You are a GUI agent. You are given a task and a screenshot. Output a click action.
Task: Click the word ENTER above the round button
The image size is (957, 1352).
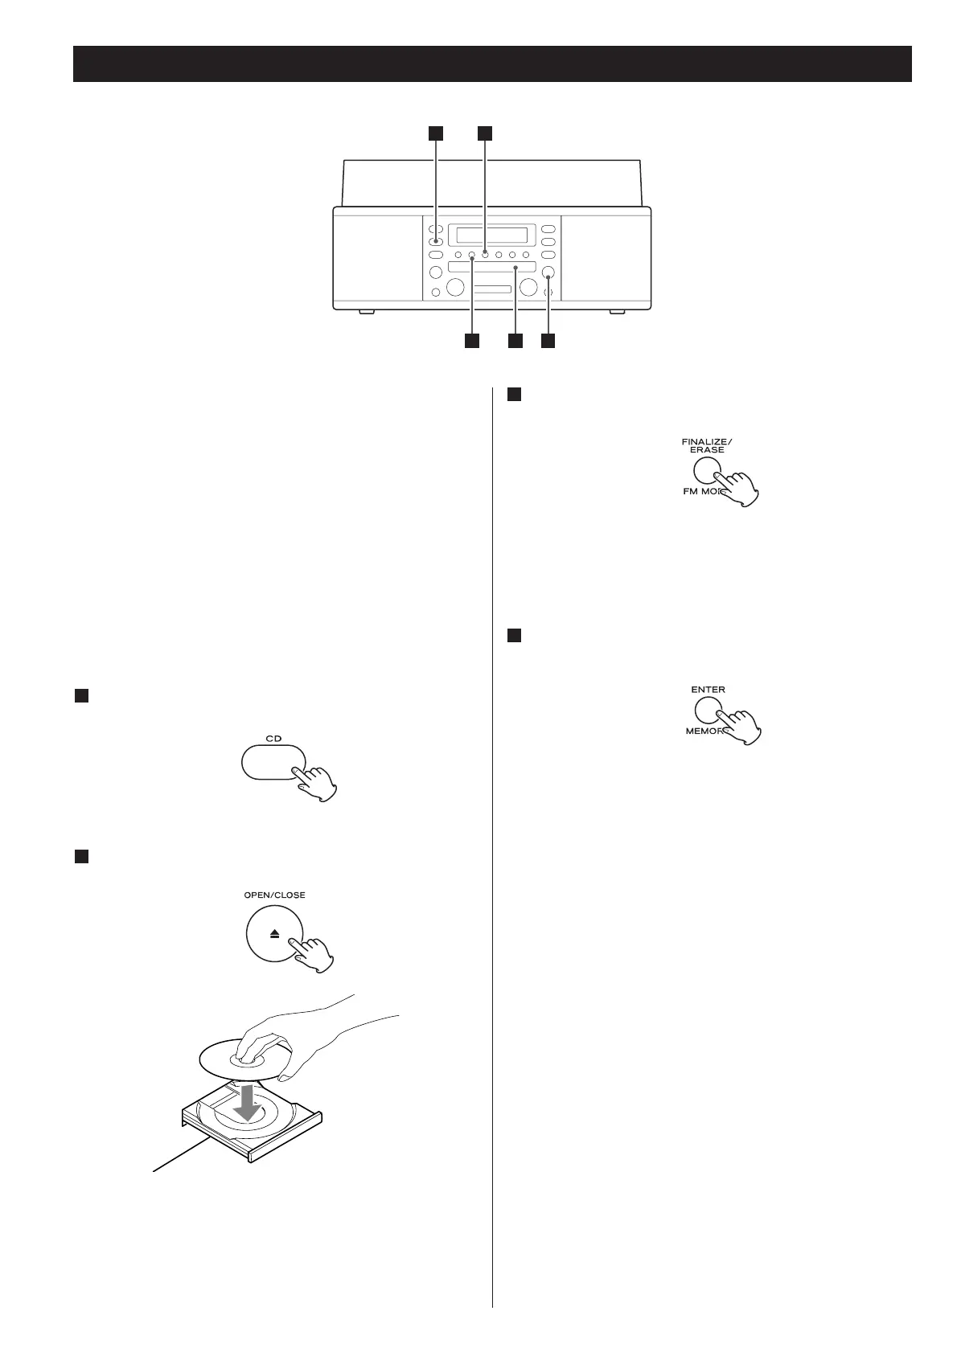pos(708,690)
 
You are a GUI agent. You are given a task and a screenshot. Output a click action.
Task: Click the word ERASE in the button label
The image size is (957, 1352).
pos(707,450)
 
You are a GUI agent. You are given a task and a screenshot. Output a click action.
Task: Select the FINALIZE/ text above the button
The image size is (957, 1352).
pos(707,440)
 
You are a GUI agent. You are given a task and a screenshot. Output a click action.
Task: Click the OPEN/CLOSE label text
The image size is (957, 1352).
pos(274,895)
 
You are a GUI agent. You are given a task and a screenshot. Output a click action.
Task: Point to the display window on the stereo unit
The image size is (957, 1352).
pos(491,236)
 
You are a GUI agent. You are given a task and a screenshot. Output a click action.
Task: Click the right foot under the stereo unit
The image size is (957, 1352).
pos(618,312)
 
